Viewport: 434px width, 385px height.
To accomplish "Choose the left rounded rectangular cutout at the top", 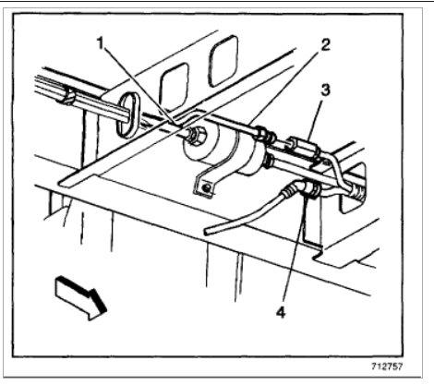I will tap(172, 90).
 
